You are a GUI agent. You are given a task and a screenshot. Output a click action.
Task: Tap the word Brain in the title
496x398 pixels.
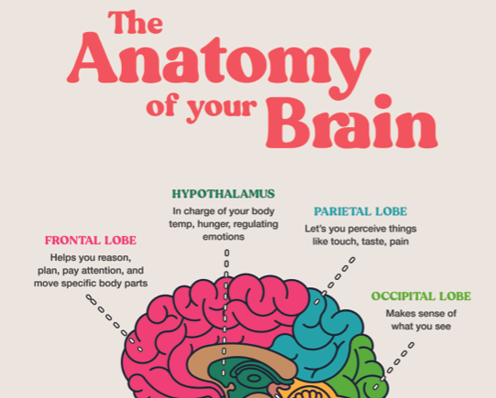352,122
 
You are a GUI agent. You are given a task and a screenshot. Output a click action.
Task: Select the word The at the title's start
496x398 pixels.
136,22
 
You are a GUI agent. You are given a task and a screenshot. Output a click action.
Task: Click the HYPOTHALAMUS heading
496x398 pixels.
224,194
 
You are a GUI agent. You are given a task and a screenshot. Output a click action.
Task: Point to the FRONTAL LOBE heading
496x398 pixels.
91,241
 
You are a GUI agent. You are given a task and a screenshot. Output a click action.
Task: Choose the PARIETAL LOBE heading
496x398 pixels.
360,211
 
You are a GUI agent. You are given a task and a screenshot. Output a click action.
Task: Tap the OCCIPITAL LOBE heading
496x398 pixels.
421,296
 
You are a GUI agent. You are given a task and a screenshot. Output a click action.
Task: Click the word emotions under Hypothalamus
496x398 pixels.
224,237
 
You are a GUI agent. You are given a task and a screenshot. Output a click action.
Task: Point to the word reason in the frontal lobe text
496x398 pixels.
115,258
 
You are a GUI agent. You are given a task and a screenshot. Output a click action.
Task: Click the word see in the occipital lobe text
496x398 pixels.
442,327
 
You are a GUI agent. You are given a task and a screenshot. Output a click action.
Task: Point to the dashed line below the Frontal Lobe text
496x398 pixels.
115,323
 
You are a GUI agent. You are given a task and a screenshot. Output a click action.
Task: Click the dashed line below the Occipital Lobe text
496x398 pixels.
393,366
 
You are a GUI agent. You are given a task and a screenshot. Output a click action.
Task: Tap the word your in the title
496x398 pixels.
222,108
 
